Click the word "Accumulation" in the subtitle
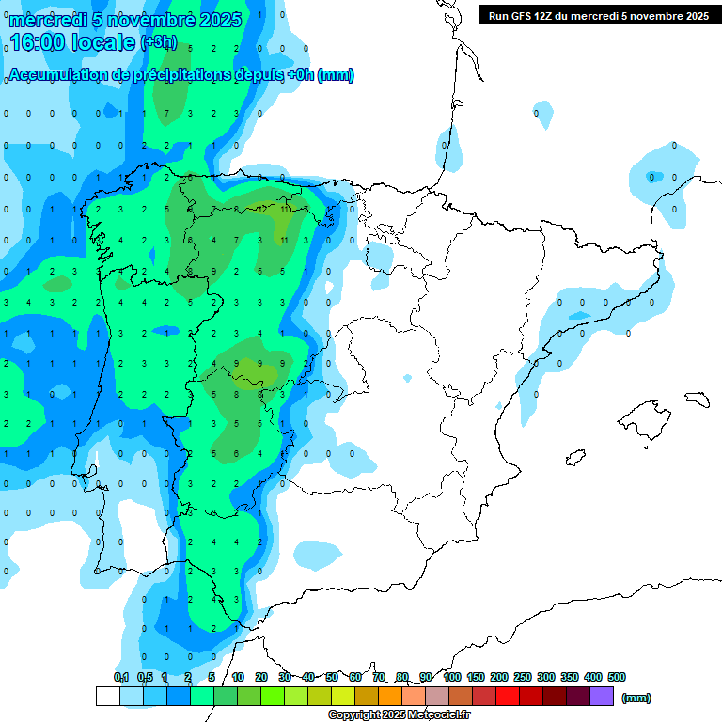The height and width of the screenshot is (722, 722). point(59,75)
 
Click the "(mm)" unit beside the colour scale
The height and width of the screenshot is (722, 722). point(636,698)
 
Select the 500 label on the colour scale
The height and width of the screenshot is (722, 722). point(617,677)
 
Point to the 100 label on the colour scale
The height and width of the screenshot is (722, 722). point(452,677)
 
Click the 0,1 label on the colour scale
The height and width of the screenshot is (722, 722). point(121,677)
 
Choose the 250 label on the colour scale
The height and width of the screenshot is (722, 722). point(523,677)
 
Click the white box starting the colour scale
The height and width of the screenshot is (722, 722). point(107,697)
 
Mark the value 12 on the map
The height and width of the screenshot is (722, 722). point(262,209)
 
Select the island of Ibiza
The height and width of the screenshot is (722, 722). point(573,458)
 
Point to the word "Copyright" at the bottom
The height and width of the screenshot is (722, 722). point(353,715)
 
